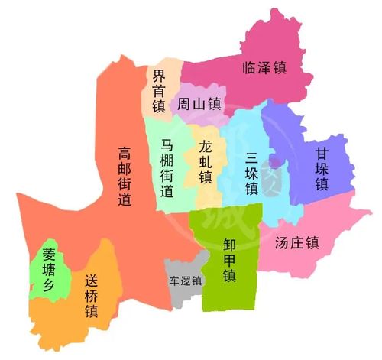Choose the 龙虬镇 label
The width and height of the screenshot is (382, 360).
pyautogui.click(x=205, y=161)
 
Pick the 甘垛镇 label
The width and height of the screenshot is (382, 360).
pyautogui.click(x=321, y=169)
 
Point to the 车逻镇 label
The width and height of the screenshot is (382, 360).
pyautogui.click(x=185, y=280)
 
